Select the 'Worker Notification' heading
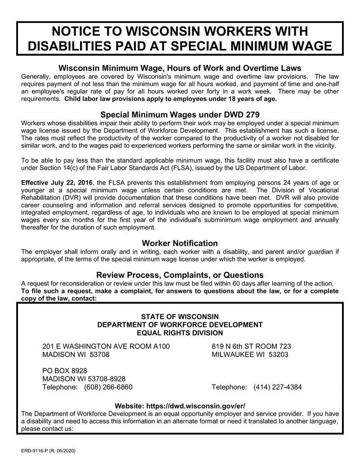click(x=180, y=243)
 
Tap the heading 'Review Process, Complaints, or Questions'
click(x=180, y=275)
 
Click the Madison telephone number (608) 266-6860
click(x=108, y=387)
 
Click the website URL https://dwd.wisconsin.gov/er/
click(x=200, y=406)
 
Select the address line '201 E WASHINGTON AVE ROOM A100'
click(x=106, y=346)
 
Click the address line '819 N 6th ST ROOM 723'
click(x=251, y=346)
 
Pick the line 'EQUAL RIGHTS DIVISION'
click(x=180, y=333)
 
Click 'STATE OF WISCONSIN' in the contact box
click(x=180, y=317)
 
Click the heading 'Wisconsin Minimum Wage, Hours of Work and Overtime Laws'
click(x=180, y=68)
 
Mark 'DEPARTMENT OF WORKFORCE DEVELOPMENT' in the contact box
click(x=180, y=325)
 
